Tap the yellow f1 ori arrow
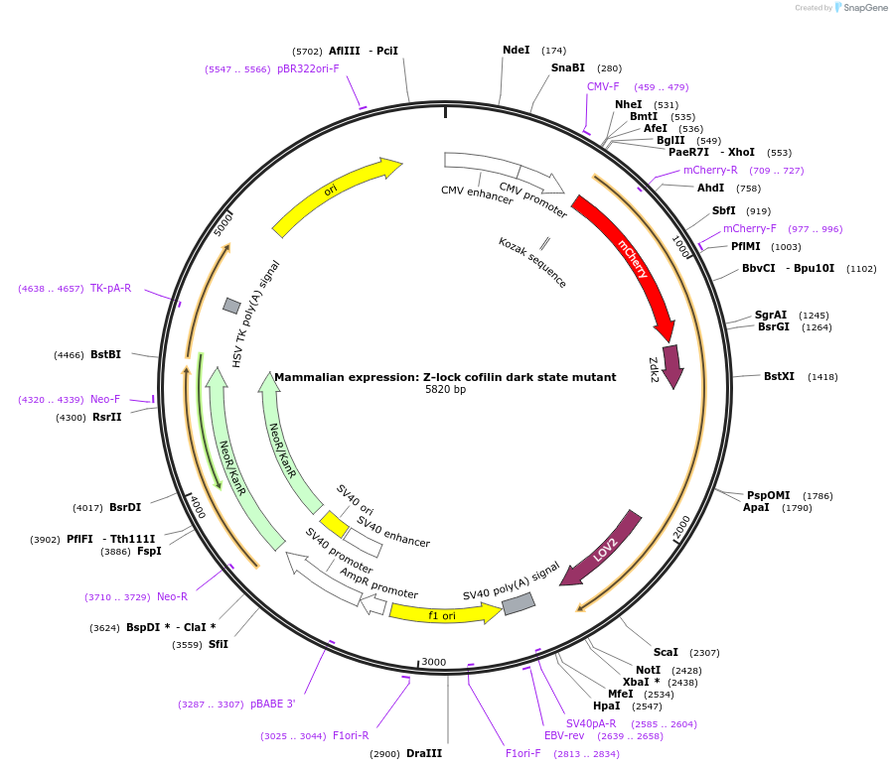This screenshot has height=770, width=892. pos(443,614)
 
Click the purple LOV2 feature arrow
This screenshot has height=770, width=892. pos(602,548)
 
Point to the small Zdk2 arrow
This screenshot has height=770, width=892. pos(672,366)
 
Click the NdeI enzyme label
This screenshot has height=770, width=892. pos(516,50)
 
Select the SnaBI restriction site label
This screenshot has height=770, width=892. pos(568,68)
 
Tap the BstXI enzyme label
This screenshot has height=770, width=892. pos(779,377)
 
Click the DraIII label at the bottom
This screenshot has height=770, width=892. pos(424,754)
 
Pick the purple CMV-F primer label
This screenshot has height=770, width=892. pos(603,87)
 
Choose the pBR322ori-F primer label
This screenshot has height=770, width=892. pos(308,69)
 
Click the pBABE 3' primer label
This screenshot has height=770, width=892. pos(272,705)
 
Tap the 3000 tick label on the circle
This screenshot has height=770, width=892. pos(434,662)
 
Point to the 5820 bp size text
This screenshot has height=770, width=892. pos(445,390)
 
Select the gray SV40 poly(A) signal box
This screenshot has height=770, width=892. pos(519,603)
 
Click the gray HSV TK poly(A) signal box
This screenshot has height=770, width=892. pos(231,306)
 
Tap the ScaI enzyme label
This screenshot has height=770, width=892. pos(666,652)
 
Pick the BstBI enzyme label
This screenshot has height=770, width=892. pos(105,354)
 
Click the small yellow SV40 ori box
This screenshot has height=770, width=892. pos(334,523)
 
